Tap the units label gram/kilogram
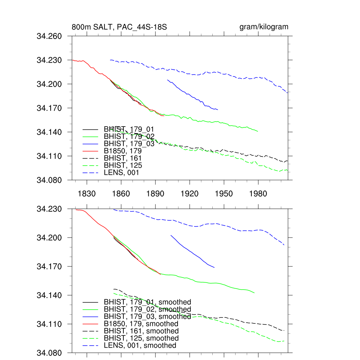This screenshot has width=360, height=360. pyautogui.click(x=264, y=27)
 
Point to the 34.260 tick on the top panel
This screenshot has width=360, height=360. pyautogui.click(x=49, y=36)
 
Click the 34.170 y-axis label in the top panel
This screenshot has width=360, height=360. pyautogui.click(x=49, y=108)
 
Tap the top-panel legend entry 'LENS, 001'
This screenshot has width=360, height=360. pyautogui.click(x=121, y=173)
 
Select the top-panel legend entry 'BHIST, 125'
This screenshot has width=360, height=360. pyautogui.click(x=123, y=165)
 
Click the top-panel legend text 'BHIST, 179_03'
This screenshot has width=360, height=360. pyautogui.click(x=129, y=143)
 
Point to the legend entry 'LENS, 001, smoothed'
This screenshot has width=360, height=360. pyautogui.click(x=140, y=346)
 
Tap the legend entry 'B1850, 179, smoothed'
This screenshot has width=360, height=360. pyautogui.click(x=141, y=323)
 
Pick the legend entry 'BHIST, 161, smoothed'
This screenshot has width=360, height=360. pyautogui.click(x=141, y=331)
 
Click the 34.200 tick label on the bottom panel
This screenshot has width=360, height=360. pyautogui.click(x=49, y=238)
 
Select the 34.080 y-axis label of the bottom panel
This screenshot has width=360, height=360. pyautogui.click(x=49, y=353)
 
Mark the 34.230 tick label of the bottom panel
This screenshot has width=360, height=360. pyautogui.click(x=49, y=209)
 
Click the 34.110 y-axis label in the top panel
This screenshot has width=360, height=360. pyautogui.click(x=49, y=156)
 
